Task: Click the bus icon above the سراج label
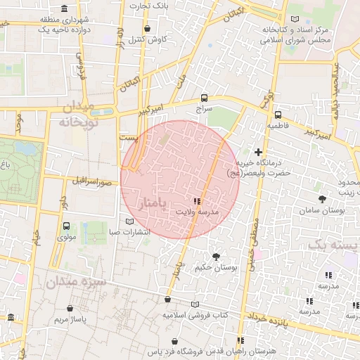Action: (x=204, y=98)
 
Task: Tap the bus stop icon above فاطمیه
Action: (x=278, y=114)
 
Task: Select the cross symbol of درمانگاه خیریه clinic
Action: (x=258, y=152)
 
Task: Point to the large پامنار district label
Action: (x=151, y=204)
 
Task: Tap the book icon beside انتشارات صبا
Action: (x=128, y=221)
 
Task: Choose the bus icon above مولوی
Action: (x=66, y=226)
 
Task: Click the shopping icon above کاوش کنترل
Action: (x=147, y=29)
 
